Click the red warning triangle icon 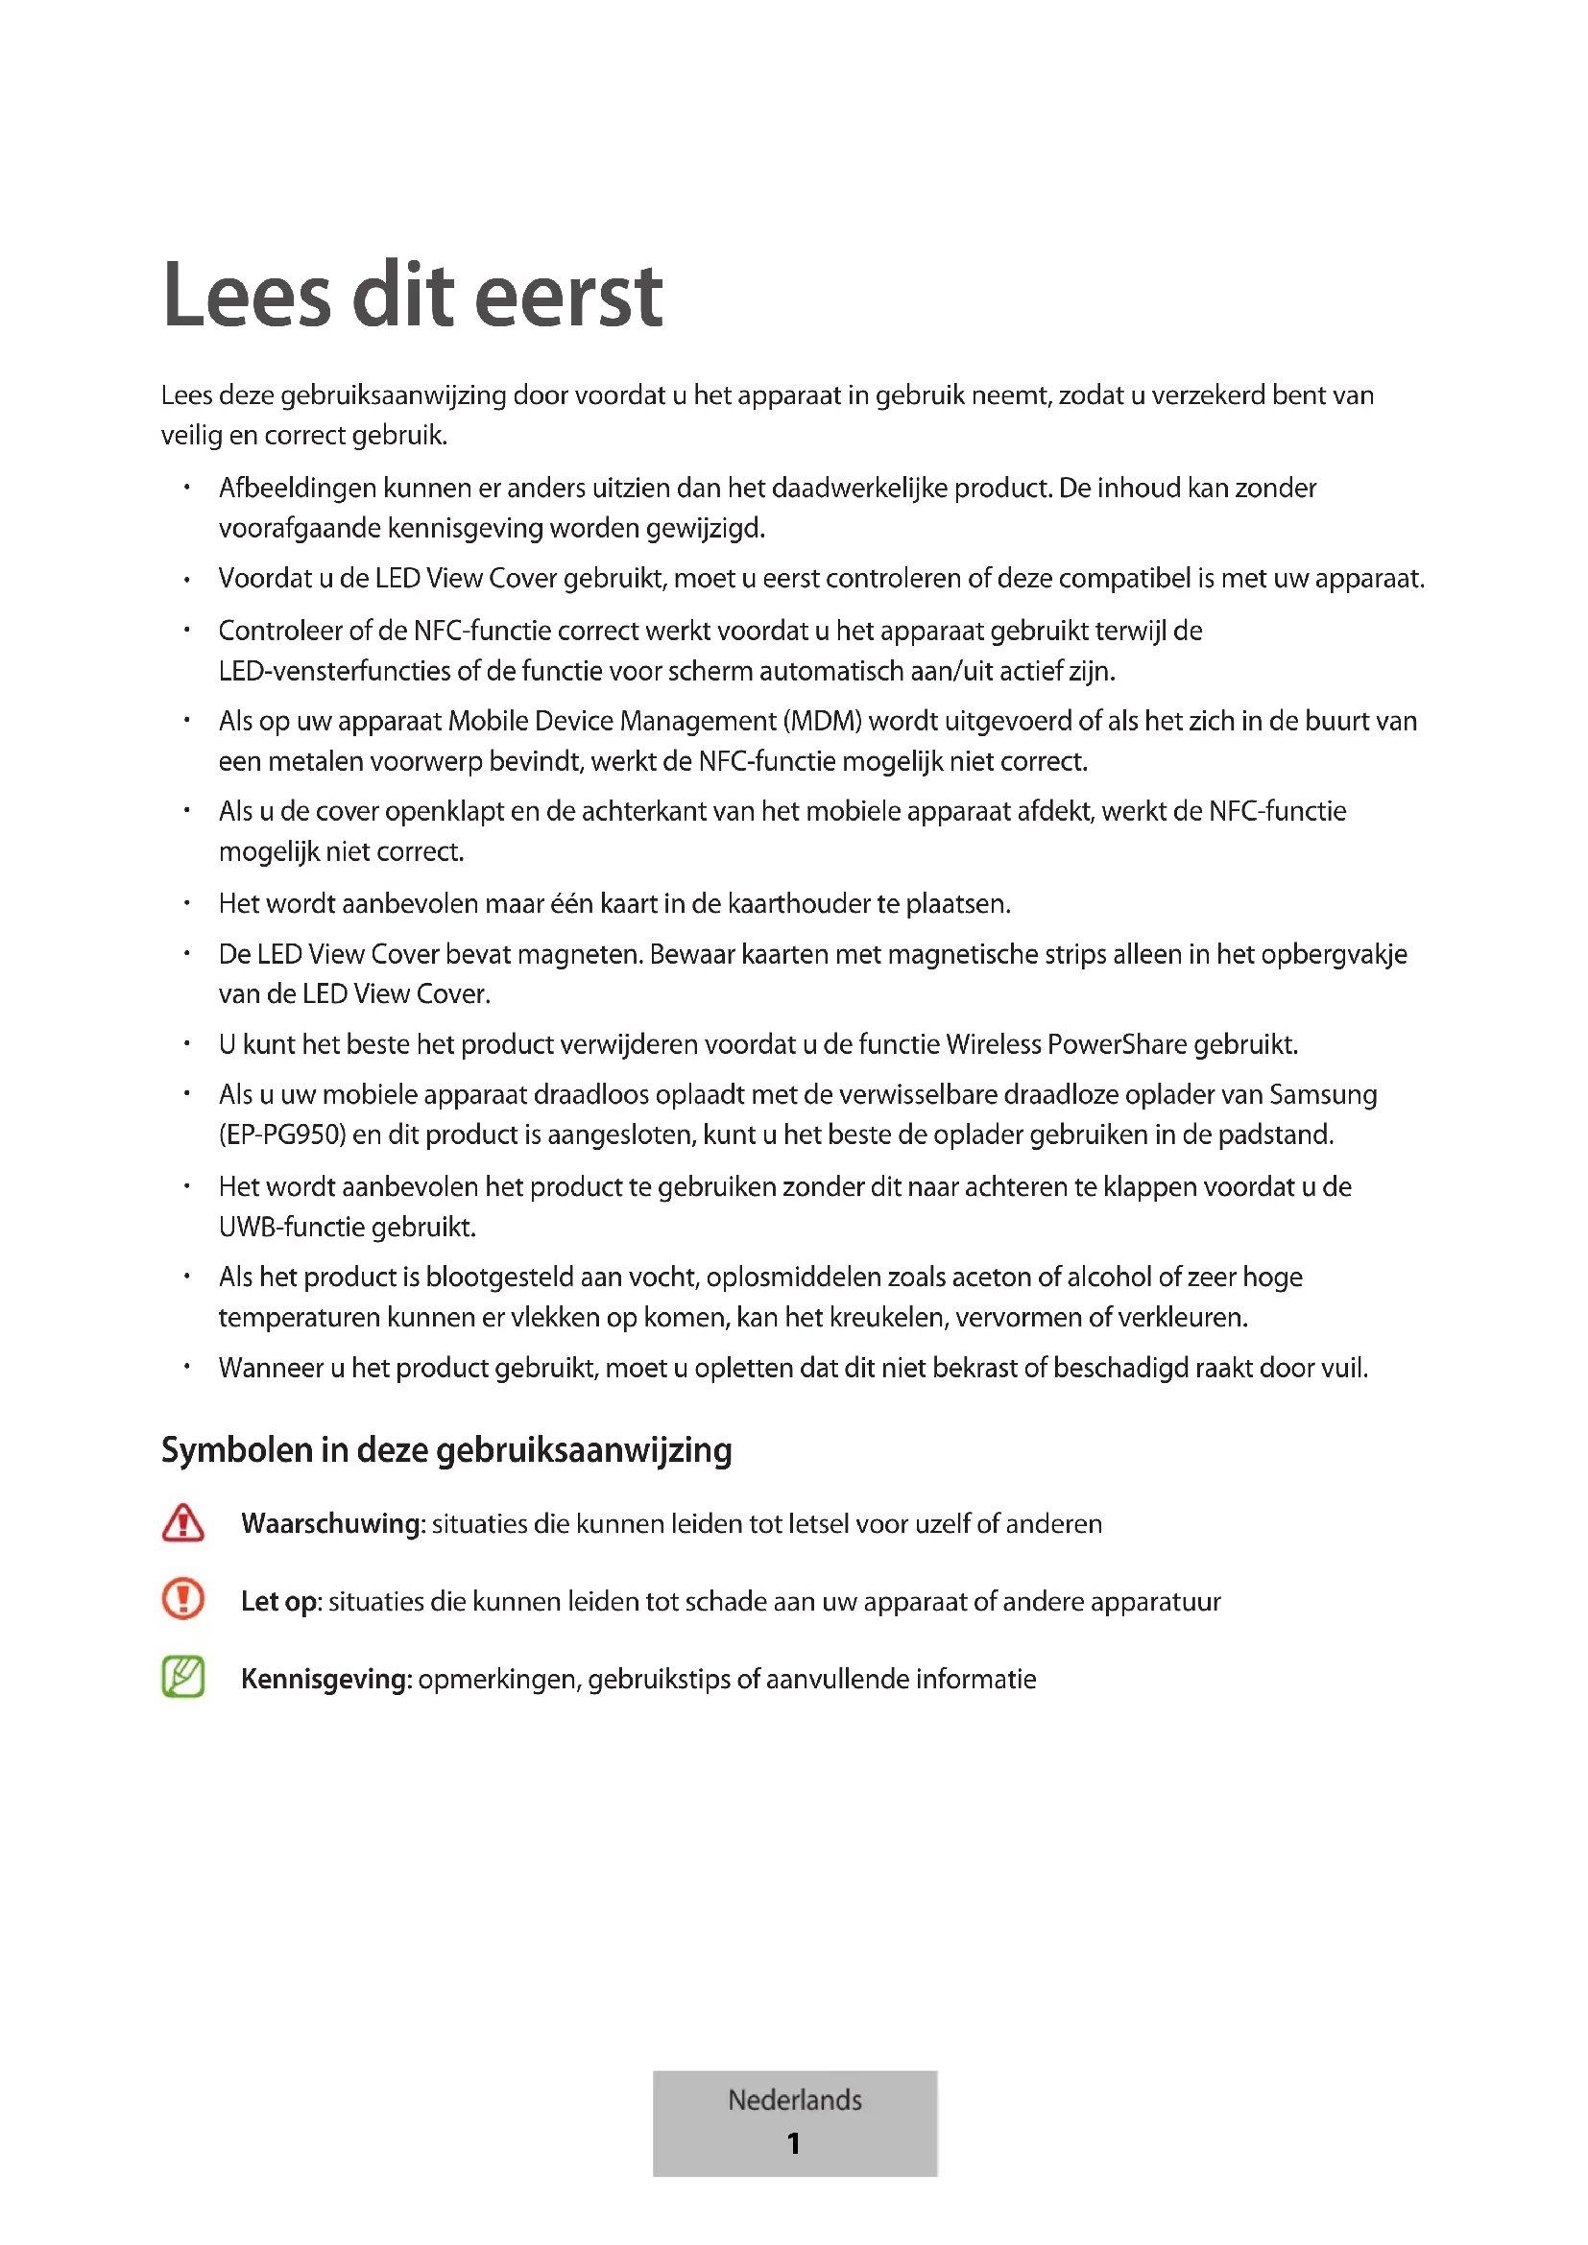(x=182, y=1523)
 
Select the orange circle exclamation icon (x=182, y=1601)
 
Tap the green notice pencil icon (x=182, y=1678)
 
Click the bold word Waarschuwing (x=330, y=1524)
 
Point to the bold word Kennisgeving (x=325, y=1680)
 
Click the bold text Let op (x=278, y=1602)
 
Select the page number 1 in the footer (x=793, y=2143)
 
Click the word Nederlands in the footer (x=794, y=2099)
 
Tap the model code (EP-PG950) (x=282, y=1135)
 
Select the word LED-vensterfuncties (x=334, y=672)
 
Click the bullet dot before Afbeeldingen (x=186, y=487)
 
